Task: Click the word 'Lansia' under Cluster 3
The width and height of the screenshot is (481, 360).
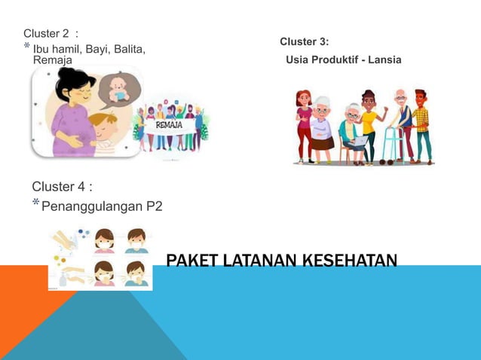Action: (384, 59)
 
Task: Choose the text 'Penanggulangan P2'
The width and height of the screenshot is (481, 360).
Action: (101, 206)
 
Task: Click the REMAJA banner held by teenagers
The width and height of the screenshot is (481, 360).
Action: (168, 125)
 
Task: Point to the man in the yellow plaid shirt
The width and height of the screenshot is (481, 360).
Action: (421, 124)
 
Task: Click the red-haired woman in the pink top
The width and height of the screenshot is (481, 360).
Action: (304, 124)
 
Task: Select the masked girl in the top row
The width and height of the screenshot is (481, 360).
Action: (104, 240)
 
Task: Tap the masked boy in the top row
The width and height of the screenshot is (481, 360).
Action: (135, 240)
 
